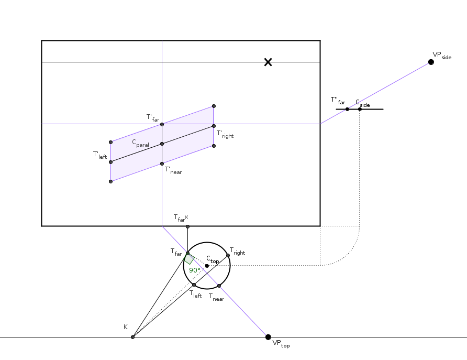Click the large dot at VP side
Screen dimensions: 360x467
[431, 62]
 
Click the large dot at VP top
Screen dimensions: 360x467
[268, 337]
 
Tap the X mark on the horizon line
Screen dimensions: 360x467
[268, 62]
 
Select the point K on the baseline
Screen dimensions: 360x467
[132, 337]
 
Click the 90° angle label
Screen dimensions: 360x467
[195, 270]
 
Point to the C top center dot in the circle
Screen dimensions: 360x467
[207, 266]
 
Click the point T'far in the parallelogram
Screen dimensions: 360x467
[162, 124]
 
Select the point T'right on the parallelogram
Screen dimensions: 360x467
[214, 126]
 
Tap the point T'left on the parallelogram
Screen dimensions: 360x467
[111, 162]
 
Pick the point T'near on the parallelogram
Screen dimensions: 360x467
[162, 163]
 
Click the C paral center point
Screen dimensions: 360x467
[162, 144]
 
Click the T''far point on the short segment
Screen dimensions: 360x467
[347, 109]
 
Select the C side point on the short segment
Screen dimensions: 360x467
[360, 109]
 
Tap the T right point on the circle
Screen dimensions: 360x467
[228, 256]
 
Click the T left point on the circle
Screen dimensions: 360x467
[194, 285]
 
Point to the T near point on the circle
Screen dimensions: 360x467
[219, 286]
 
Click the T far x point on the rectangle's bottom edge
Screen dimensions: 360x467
[187, 226]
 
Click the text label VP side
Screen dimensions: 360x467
[442, 56]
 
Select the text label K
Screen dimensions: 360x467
[126, 327]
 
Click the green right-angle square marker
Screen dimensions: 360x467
[189, 259]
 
